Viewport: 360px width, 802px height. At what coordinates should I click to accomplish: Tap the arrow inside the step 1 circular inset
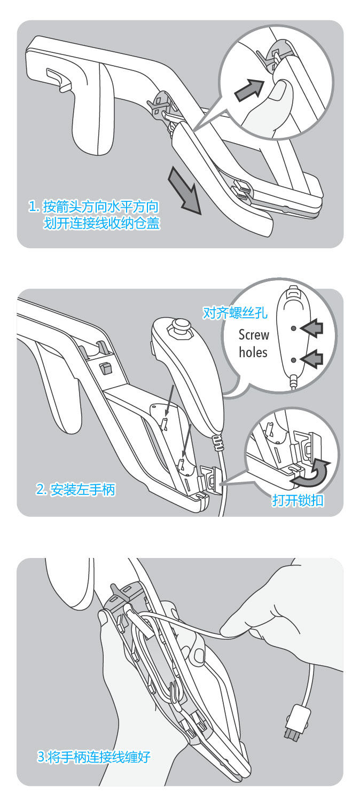249,88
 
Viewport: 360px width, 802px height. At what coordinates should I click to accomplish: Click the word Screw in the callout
254,335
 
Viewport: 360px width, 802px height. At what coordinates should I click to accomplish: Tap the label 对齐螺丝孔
236,312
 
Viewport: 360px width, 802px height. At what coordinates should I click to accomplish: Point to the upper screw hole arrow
312,327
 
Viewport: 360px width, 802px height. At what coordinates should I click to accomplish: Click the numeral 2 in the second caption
40,489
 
